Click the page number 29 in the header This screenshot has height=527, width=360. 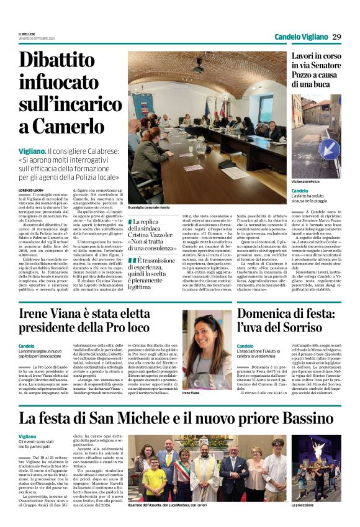[x=336, y=37]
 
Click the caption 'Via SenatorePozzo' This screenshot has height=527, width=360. [x=307, y=182]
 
